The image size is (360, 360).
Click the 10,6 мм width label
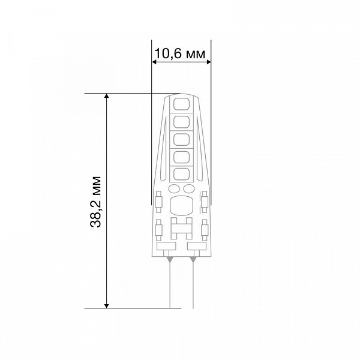click(x=180, y=53)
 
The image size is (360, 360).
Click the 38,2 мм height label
click(x=95, y=202)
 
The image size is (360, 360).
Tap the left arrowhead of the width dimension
click(x=155, y=62)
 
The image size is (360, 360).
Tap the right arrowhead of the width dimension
click(x=208, y=62)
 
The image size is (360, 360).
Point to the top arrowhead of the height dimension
click(x=106, y=96)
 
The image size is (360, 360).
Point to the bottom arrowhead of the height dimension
click(x=106, y=305)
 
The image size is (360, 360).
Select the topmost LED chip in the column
click(x=181, y=104)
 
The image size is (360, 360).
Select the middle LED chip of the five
click(x=181, y=140)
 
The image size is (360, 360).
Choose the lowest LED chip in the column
click(x=181, y=174)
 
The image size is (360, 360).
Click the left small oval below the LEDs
click(x=174, y=189)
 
